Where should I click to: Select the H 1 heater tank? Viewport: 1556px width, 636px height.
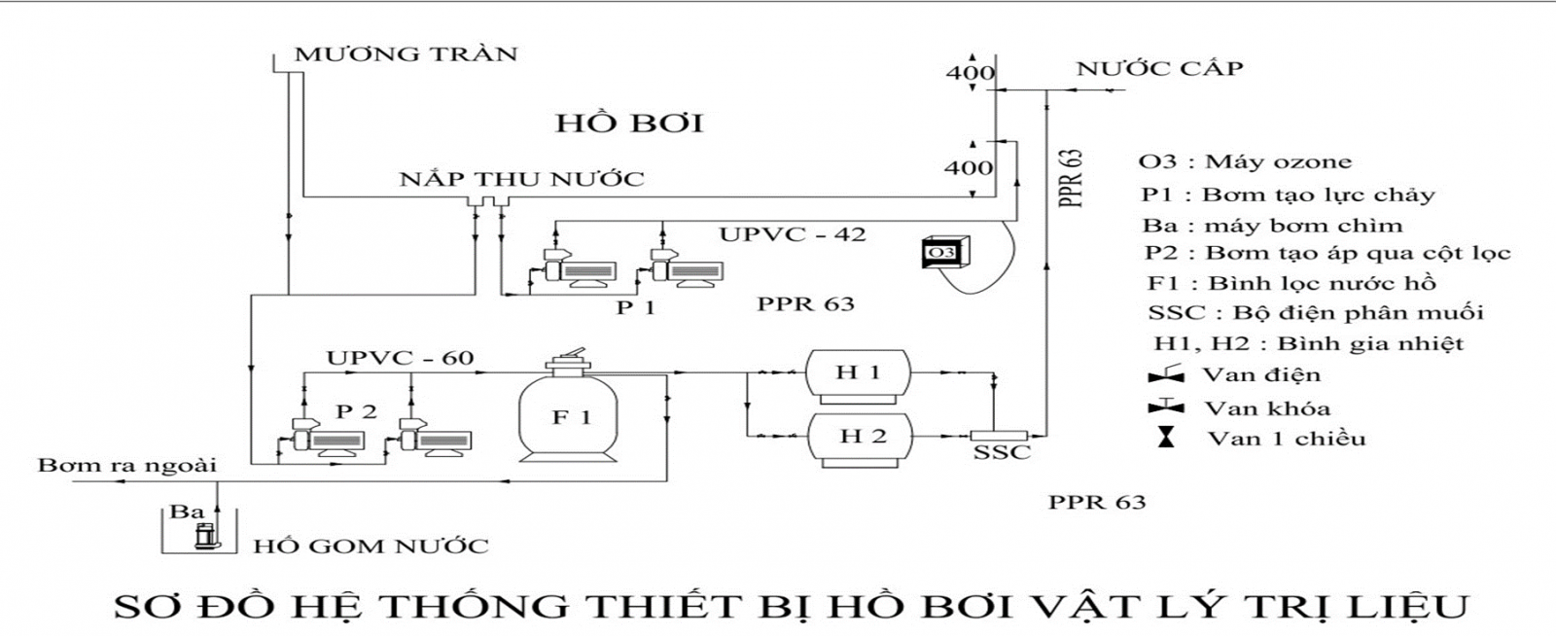point(858,373)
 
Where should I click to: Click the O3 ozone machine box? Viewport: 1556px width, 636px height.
point(939,253)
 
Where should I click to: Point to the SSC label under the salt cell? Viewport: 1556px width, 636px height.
point(1002,453)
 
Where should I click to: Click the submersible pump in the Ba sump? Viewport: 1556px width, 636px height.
point(203,534)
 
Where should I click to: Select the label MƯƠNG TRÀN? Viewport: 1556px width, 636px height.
point(407,53)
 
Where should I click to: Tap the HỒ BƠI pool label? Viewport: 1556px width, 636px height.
point(629,124)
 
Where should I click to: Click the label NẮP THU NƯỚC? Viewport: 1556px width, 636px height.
point(522,179)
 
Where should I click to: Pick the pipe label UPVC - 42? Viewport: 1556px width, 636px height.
point(793,234)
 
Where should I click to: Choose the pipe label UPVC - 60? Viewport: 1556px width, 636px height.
point(401,358)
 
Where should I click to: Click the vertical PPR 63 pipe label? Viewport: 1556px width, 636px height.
point(1071,179)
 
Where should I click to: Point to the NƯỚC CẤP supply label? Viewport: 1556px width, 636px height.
point(1159,68)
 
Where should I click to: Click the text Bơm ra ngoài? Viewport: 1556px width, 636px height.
point(126,465)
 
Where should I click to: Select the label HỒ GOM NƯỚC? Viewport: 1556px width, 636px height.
point(371,546)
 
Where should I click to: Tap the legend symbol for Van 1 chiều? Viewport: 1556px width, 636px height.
point(1165,438)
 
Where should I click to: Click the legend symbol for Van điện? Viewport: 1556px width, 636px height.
point(1165,374)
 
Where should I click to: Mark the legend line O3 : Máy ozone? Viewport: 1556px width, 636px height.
point(1245,161)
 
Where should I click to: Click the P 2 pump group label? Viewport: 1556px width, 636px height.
point(357,411)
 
